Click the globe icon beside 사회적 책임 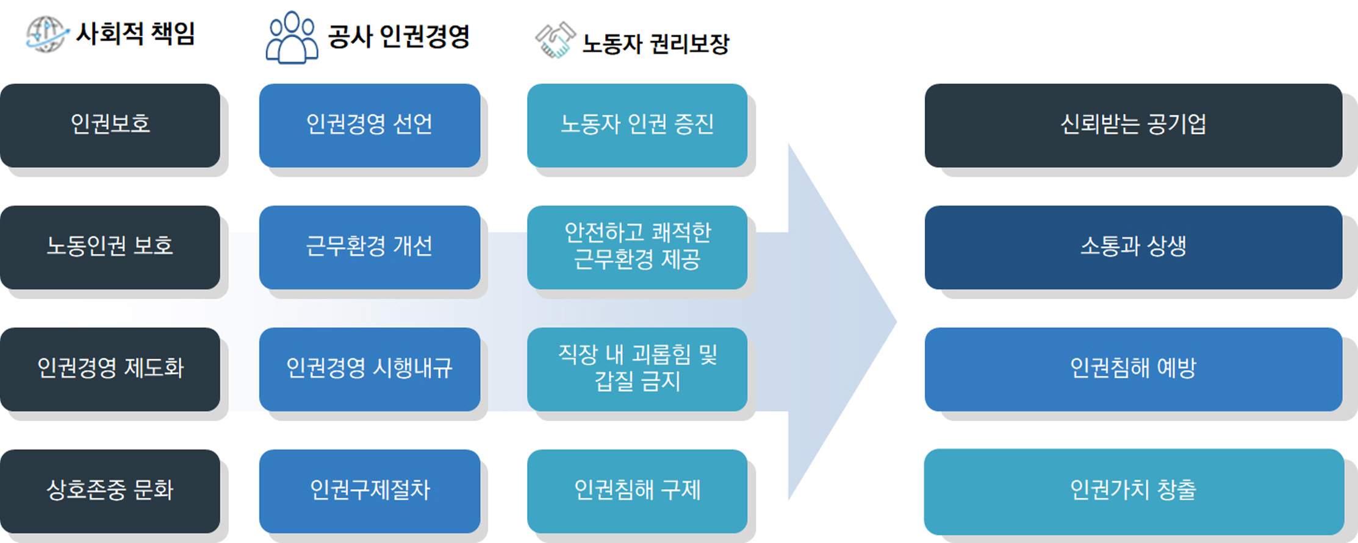[x=46, y=34]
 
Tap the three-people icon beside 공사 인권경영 [x=292, y=38]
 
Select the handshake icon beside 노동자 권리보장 [x=555, y=40]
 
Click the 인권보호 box [x=110, y=125]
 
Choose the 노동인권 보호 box [x=110, y=247]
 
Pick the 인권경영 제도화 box [x=110, y=369]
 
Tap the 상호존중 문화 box [x=110, y=491]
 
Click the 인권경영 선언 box [x=369, y=125]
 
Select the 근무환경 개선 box [x=369, y=247]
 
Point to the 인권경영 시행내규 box [x=369, y=369]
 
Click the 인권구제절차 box [x=369, y=491]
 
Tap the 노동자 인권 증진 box [x=637, y=125]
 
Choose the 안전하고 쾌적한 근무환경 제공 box [x=637, y=247]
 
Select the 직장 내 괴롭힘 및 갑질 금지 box [x=637, y=369]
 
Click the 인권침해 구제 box [x=637, y=491]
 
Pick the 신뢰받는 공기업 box [x=1133, y=125]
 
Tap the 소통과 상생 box [x=1133, y=247]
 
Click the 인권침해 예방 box [x=1133, y=369]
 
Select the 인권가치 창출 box [x=1133, y=491]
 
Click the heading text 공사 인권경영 [x=398, y=37]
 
